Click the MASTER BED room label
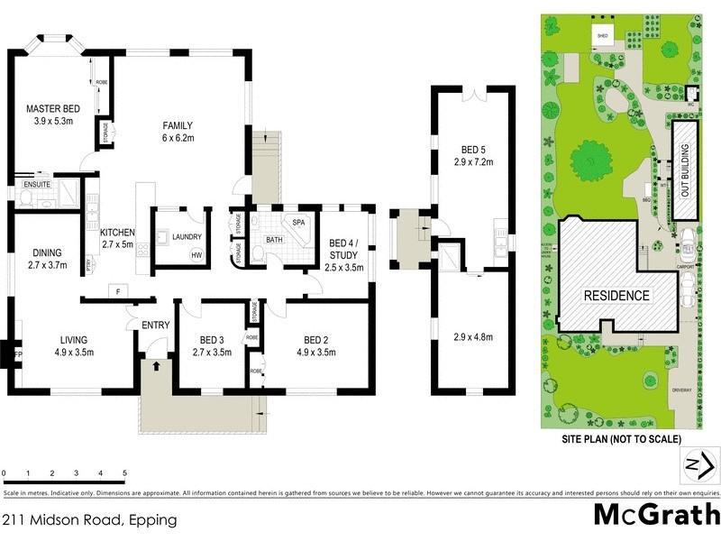coord(53,109)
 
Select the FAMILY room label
coord(178,125)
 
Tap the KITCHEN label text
coord(117,232)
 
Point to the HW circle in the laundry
coord(196,255)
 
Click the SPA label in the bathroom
coord(297,222)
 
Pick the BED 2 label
coord(315,340)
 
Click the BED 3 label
coord(214,340)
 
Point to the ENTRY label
coord(153,325)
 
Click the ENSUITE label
coord(37,185)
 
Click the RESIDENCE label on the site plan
coord(616,296)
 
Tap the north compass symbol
coord(694,467)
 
